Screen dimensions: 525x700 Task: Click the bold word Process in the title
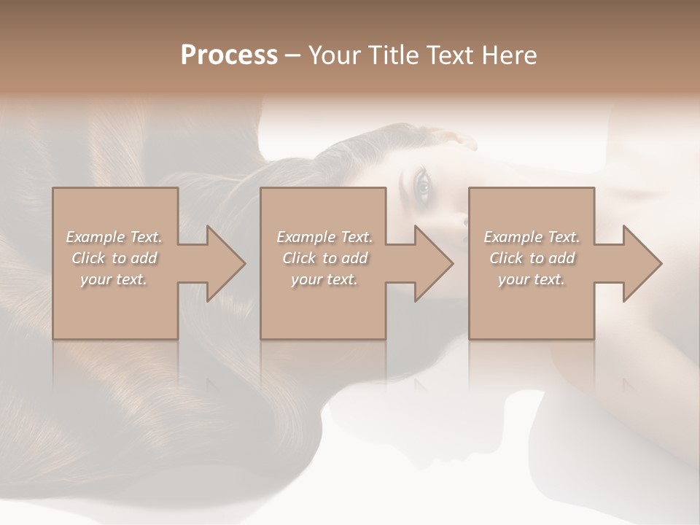pyautogui.click(x=229, y=55)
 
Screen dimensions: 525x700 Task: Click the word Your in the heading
pyautogui.click(x=332, y=55)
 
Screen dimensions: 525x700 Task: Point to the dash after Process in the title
pyautogui.click(x=293, y=55)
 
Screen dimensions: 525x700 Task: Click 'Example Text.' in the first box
pyautogui.click(x=114, y=237)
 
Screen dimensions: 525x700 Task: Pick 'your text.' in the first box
pyautogui.click(x=114, y=279)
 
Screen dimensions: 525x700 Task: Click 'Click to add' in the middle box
pyautogui.click(x=324, y=258)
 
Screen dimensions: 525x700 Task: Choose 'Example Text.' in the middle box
pyautogui.click(x=324, y=237)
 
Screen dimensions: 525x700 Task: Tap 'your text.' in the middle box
pyautogui.click(x=324, y=279)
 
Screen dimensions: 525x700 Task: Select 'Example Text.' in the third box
pyautogui.click(x=532, y=237)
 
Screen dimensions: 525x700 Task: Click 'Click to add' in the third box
pyautogui.click(x=532, y=258)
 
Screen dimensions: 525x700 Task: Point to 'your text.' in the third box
pyautogui.click(x=532, y=279)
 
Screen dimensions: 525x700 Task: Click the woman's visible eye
pyautogui.click(x=422, y=187)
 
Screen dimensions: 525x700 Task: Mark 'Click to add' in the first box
pyautogui.click(x=114, y=258)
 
